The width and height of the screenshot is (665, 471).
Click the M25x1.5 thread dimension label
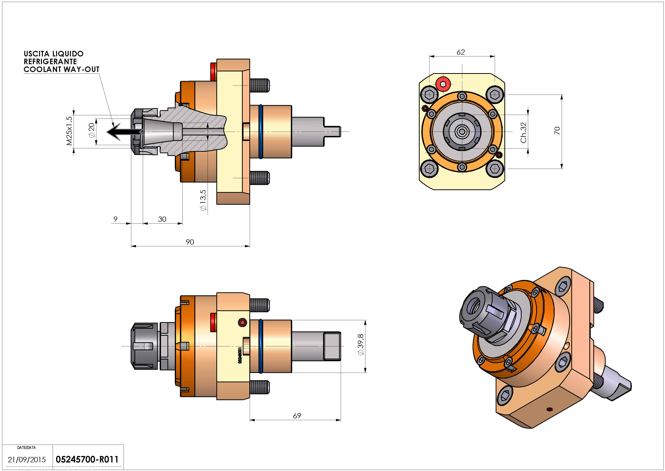(x=69, y=131)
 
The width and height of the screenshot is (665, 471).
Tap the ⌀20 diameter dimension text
(x=92, y=130)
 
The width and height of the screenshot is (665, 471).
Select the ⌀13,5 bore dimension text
(x=203, y=200)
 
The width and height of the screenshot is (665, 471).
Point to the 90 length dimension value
(x=190, y=242)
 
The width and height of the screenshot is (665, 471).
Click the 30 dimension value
(x=162, y=219)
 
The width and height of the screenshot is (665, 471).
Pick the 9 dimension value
(x=115, y=219)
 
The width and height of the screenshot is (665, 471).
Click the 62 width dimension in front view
(x=461, y=52)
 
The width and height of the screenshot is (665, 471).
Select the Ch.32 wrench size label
(x=523, y=133)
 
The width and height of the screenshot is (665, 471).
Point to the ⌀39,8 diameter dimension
(x=361, y=345)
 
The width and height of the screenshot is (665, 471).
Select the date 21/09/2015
(x=27, y=460)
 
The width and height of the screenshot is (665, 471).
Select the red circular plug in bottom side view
(x=242, y=322)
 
